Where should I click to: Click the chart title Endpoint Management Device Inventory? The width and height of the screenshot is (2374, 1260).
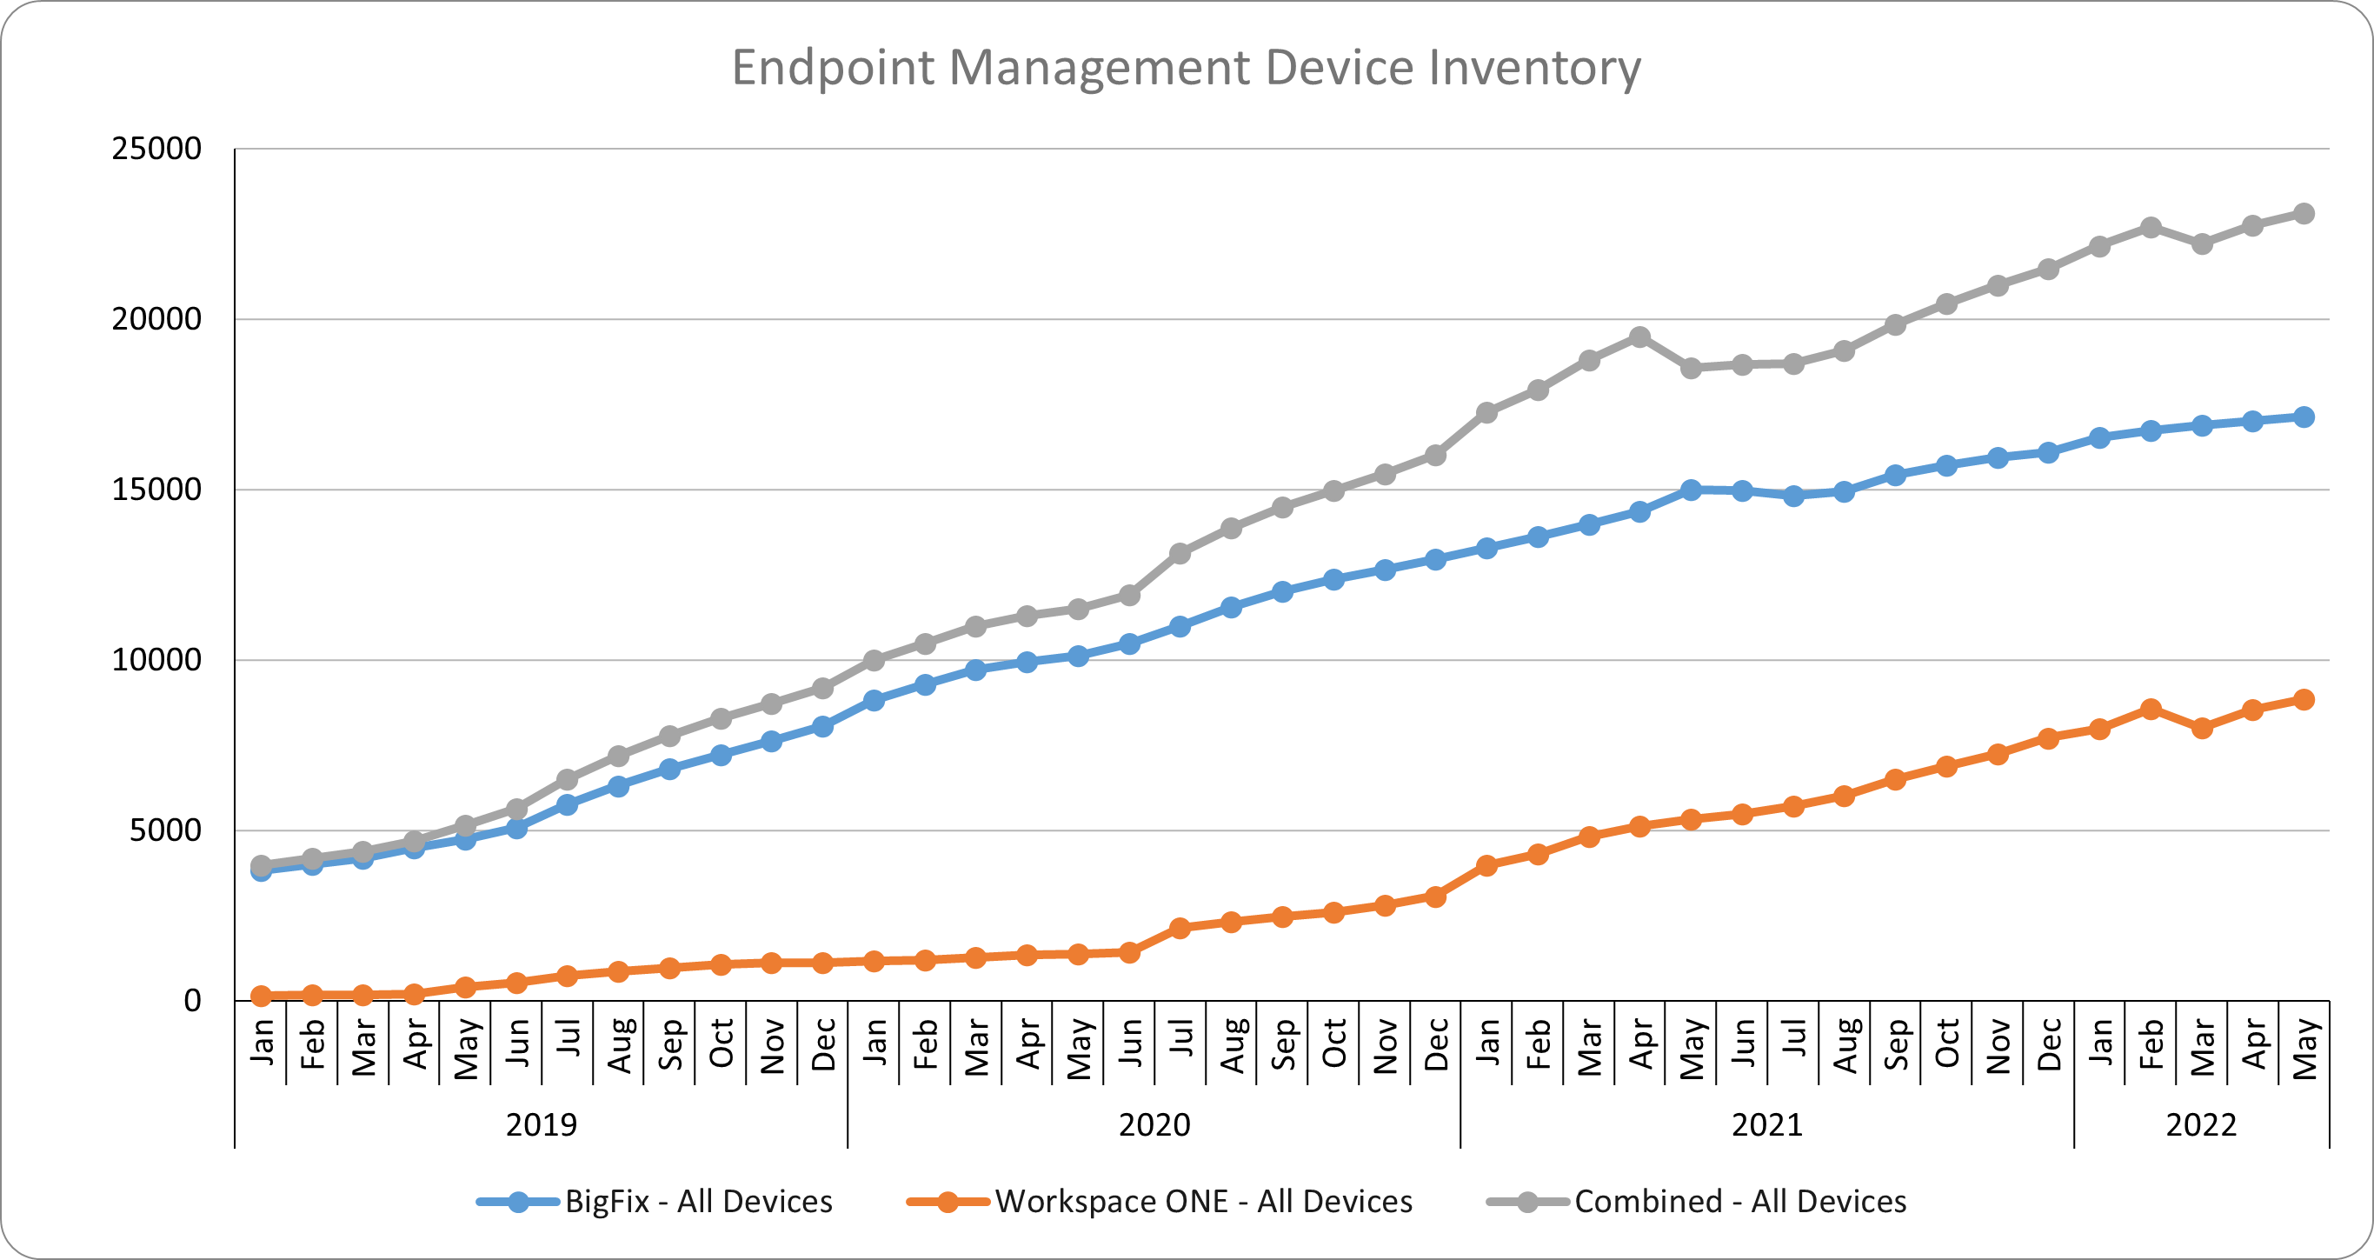[x=1186, y=67]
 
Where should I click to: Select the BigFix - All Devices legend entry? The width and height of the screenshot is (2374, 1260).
[x=698, y=1201]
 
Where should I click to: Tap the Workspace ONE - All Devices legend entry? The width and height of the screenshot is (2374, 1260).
[x=1203, y=1201]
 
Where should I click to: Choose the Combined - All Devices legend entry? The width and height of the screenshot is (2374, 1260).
[x=1739, y=1201]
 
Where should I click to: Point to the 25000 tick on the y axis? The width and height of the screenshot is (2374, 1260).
[x=156, y=149]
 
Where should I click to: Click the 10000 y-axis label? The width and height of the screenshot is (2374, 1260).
[x=156, y=660]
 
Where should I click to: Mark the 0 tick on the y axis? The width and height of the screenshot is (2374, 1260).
[x=192, y=1000]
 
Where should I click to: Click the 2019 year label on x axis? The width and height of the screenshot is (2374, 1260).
[x=541, y=1124]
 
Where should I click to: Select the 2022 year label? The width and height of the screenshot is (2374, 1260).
[x=2201, y=1124]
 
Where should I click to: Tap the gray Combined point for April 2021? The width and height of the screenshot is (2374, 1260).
[x=1639, y=337]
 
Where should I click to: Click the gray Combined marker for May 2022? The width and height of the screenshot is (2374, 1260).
[x=2303, y=214]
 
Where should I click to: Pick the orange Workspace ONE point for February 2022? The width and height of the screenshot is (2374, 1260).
[x=2150, y=709]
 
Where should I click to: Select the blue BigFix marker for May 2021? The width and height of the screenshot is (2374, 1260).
[x=1690, y=490]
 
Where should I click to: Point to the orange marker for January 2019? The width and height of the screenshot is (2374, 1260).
[x=261, y=996]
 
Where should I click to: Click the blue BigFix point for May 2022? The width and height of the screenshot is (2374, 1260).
[x=2303, y=417]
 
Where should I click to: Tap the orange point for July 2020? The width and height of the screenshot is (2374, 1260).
[x=1180, y=927]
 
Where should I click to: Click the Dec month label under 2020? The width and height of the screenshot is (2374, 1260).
[x=1435, y=1044]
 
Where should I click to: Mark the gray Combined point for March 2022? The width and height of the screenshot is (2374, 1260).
[x=2202, y=244]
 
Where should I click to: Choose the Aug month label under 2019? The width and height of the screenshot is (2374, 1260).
[x=619, y=1045]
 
